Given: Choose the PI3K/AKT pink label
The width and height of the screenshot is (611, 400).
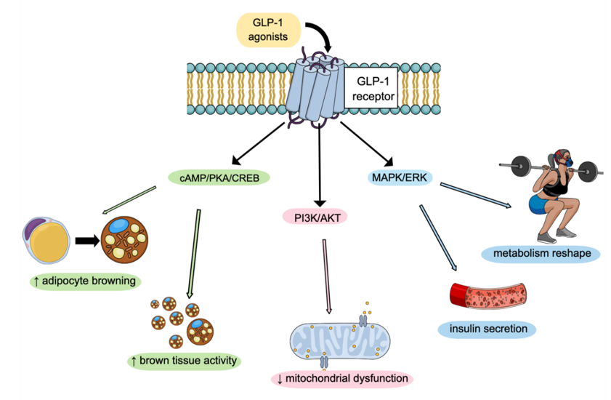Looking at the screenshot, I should pyautogui.click(x=319, y=216).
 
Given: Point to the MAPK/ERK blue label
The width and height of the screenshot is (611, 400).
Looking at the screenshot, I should pyautogui.click(x=400, y=177).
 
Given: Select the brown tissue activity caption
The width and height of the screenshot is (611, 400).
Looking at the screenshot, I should pyautogui.click(x=184, y=360).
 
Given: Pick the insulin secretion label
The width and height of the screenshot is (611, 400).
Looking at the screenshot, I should pyautogui.click(x=487, y=329).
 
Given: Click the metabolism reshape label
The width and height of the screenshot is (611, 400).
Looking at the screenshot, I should pyautogui.click(x=540, y=254).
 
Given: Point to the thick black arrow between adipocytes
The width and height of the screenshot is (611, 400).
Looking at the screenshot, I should pyautogui.click(x=88, y=241).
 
